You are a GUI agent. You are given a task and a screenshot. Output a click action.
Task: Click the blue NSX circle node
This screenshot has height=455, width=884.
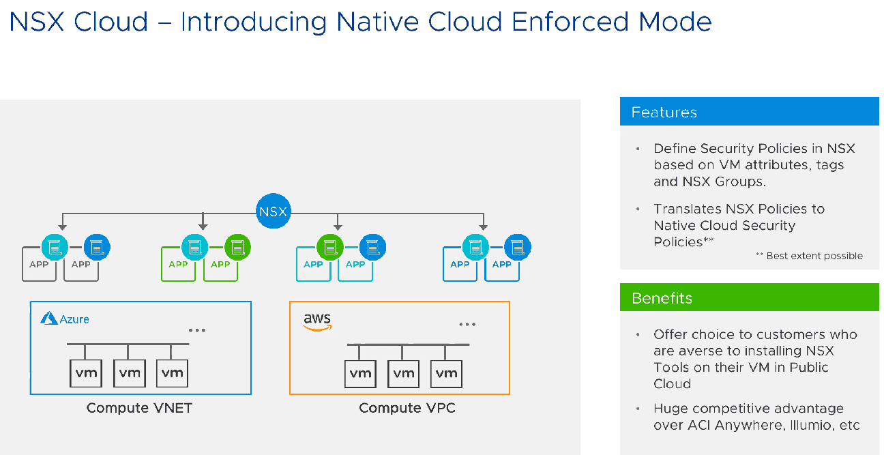[273, 212]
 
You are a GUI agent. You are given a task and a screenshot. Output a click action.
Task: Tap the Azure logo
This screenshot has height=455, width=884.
[65, 319]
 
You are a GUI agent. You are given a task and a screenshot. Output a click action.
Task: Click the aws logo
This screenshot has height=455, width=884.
[317, 322]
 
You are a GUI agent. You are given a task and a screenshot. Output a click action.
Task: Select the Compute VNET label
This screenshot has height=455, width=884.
[139, 408]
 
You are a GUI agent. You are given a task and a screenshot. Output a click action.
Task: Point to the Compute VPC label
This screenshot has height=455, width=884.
[407, 408]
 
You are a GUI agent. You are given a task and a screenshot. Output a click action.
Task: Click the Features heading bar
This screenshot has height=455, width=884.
[749, 112]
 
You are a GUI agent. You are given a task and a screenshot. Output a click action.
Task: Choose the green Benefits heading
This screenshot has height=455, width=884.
[749, 298]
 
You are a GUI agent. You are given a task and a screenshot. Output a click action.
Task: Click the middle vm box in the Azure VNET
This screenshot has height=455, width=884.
[128, 372]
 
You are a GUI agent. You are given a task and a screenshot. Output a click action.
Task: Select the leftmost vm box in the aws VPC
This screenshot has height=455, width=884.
[360, 372]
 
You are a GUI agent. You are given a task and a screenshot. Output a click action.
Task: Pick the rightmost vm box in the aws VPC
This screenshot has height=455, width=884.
[446, 372]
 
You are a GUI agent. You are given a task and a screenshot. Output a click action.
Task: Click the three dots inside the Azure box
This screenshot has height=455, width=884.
[197, 330]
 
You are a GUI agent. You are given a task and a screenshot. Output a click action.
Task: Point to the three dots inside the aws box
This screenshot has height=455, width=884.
[467, 325]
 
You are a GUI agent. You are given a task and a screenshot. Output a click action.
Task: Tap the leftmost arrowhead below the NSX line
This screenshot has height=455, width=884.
[62, 226]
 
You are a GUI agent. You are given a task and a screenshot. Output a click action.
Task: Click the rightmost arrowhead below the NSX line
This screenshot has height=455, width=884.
[483, 226]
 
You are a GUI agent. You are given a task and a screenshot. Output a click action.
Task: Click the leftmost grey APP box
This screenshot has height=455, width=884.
[39, 265]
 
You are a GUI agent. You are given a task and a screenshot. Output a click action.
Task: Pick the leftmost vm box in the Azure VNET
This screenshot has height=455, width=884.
[85, 372]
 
